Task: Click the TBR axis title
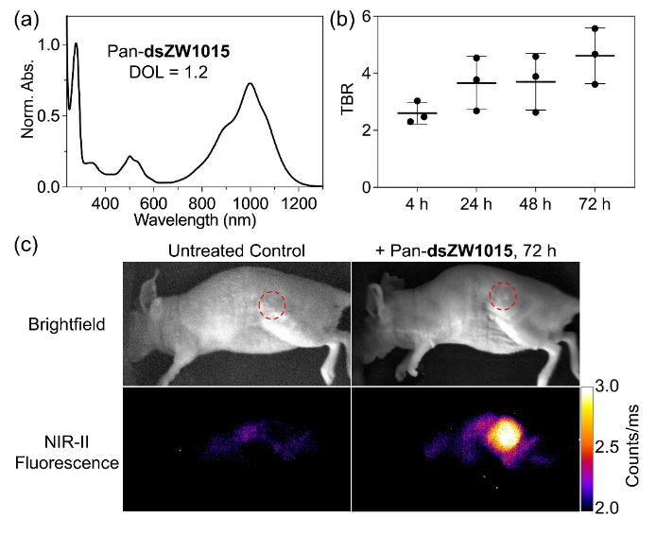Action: pyautogui.click(x=346, y=101)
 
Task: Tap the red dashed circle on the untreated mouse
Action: pyautogui.click(x=272, y=305)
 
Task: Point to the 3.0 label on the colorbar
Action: pyautogui.click(x=613, y=387)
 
